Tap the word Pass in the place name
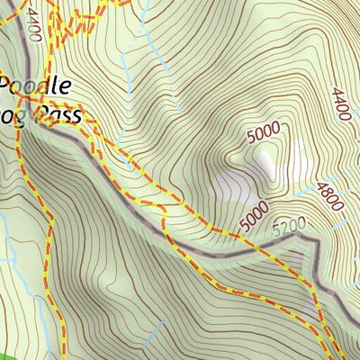(x=58, y=115)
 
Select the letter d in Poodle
(x=49, y=86)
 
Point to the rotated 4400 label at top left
(x=33, y=20)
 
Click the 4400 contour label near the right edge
(x=340, y=105)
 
